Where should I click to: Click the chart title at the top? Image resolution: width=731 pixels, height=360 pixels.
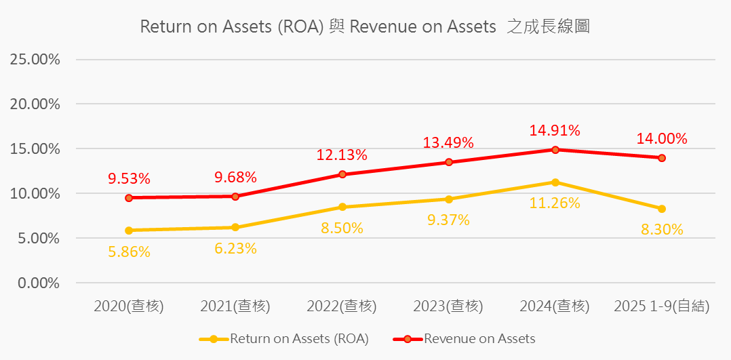coord(365,26)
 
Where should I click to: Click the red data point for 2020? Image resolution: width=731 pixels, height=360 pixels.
coord(129,198)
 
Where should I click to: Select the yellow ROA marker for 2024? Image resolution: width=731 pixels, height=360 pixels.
coord(555,182)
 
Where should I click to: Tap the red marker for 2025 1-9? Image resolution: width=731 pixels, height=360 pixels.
coord(662,158)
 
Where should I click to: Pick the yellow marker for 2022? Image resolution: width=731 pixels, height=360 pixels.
coord(342,207)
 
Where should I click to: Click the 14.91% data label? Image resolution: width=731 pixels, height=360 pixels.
coord(555,130)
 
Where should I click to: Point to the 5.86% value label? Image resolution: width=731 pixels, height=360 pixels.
coord(129,252)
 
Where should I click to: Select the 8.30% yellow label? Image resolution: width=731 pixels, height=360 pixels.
coord(662,229)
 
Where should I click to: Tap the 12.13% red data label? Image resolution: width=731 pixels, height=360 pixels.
coord(342,155)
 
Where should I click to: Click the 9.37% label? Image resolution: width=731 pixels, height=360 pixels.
coord(448,220)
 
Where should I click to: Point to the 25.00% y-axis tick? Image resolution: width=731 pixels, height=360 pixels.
coord(35,59)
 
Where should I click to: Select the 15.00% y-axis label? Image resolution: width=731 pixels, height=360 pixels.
coord(35,148)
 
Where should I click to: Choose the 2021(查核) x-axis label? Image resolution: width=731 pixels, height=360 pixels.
coord(235,306)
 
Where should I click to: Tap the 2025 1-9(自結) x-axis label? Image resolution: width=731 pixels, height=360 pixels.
coord(662,306)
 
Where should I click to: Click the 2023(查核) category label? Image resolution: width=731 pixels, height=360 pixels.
coord(448,306)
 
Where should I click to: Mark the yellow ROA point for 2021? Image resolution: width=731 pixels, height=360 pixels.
coord(235,227)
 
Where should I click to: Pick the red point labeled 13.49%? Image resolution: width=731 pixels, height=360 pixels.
coord(449,162)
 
